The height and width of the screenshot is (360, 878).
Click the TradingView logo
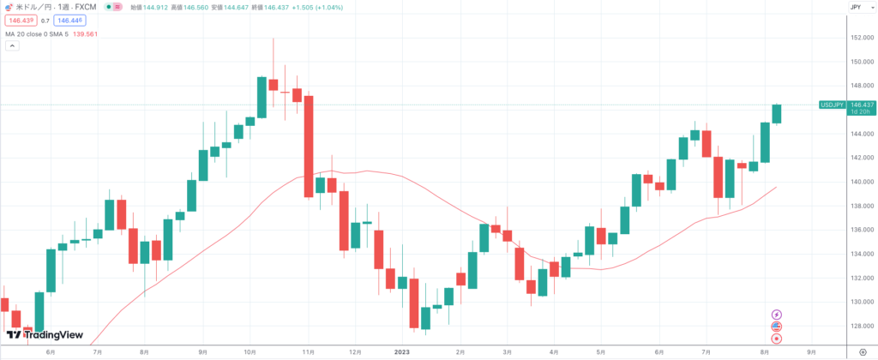(45, 334)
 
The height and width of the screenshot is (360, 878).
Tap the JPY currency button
(855, 7)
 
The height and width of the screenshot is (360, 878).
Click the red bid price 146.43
(20, 20)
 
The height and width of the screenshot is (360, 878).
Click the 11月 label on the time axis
(306, 351)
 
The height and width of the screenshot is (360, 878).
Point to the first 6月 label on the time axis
(51, 351)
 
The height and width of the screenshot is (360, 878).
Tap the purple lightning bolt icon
(777, 315)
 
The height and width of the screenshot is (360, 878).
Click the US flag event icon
(777, 327)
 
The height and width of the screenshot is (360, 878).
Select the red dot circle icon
(777, 339)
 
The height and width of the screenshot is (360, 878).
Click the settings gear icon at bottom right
(862, 351)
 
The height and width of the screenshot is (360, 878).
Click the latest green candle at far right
(777, 114)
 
